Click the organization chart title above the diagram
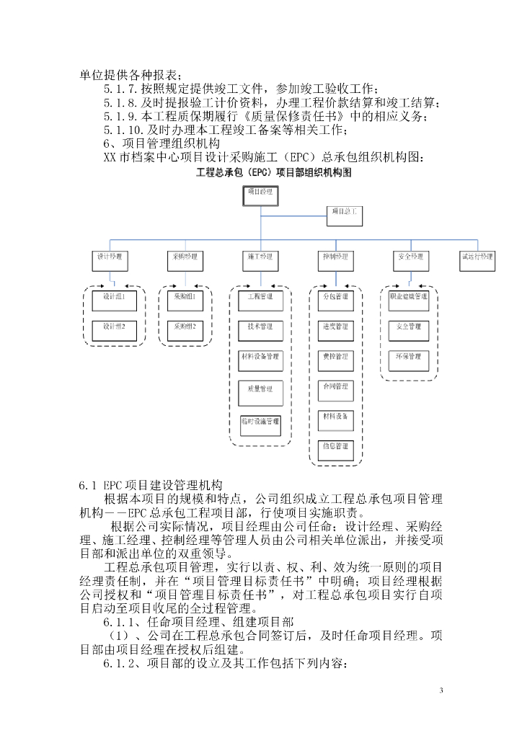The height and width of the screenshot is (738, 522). click(260, 173)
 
